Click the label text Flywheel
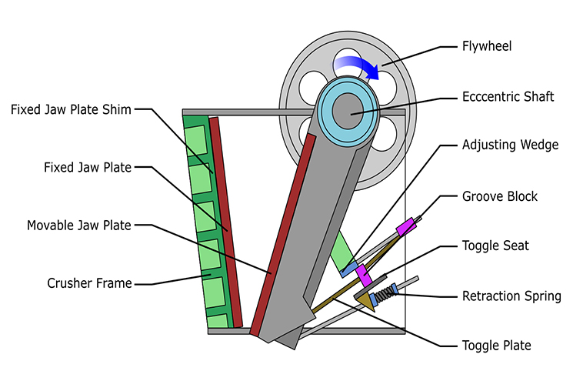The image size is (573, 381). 486,47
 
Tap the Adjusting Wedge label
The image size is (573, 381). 510,145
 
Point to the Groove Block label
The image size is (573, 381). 500,196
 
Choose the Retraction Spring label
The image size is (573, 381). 511,296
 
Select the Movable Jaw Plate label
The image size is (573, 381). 79,226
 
